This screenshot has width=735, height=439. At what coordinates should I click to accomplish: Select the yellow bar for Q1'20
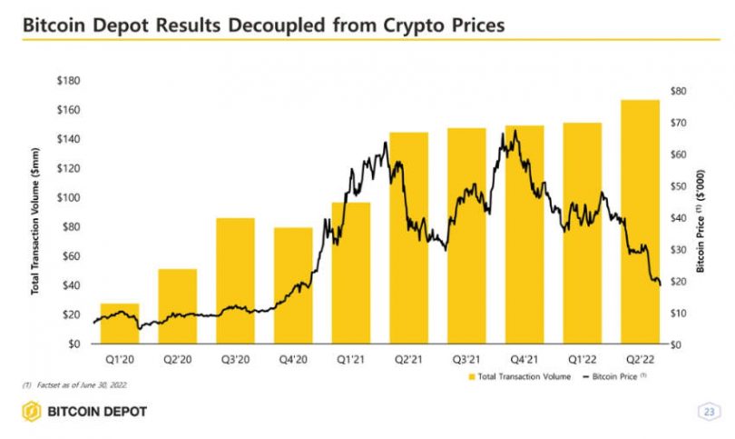tap(119, 324)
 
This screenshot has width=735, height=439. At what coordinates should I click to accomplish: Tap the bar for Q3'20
tap(235, 281)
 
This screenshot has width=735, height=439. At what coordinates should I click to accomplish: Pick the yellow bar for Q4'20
tap(293, 285)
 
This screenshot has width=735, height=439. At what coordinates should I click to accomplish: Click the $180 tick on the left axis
tap(68, 82)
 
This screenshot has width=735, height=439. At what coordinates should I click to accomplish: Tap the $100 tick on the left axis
tap(68, 198)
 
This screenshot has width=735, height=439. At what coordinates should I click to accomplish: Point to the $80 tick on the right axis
tap(678, 91)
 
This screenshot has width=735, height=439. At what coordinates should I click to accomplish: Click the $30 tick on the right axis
tap(678, 250)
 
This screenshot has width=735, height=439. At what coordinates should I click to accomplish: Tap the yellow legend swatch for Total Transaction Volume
tap(471, 376)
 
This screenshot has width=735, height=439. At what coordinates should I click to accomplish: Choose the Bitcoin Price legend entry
tap(615, 376)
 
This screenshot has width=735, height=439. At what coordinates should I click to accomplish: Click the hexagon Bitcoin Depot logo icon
tap(33, 412)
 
